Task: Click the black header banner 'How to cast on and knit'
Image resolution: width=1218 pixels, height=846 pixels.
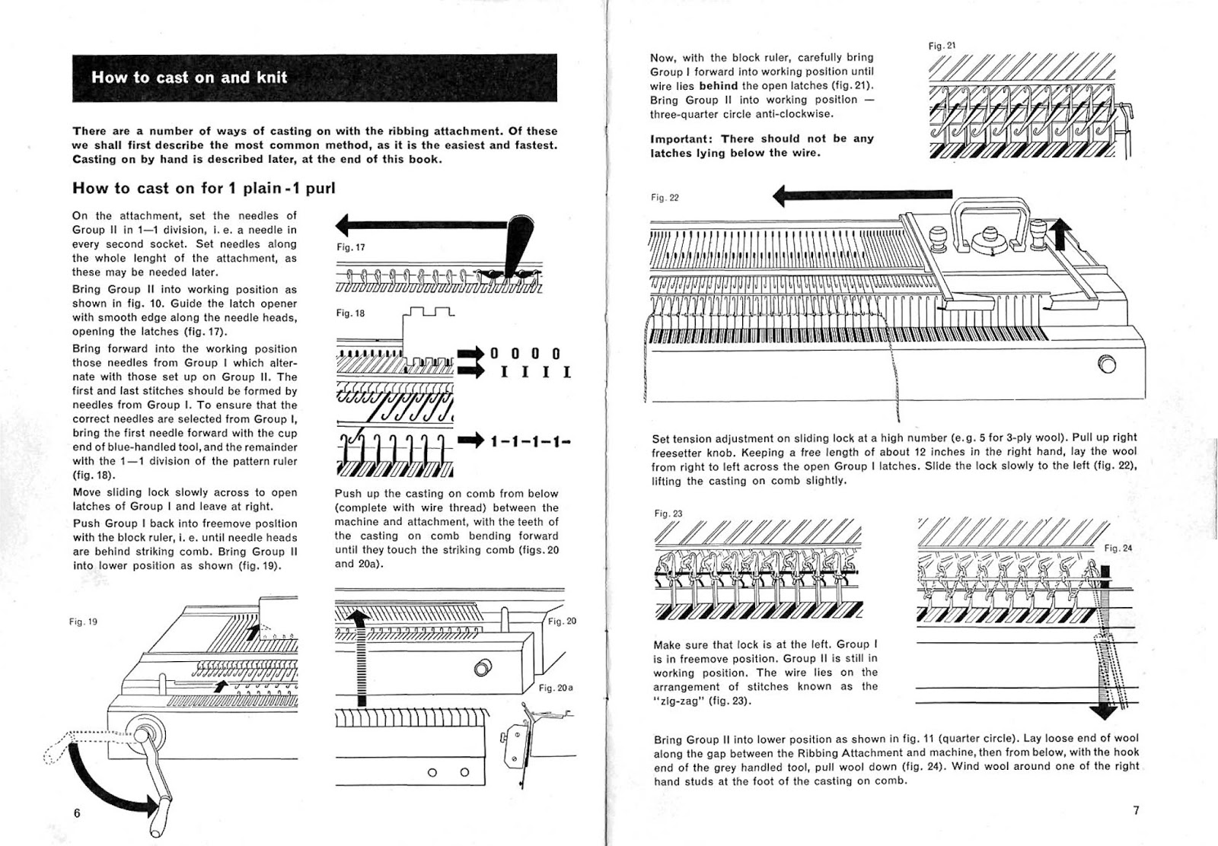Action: pyautogui.click(x=314, y=78)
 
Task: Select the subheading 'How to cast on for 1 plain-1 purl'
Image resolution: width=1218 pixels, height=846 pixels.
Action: pyautogui.click(x=203, y=188)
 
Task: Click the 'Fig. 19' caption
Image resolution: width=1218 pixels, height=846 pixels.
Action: pyautogui.click(x=83, y=622)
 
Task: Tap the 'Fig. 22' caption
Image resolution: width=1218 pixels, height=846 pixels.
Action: pyautogui.click(x=665, y=198)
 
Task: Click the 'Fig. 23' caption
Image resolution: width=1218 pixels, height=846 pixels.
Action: pyautogui.click(x=668, y=514)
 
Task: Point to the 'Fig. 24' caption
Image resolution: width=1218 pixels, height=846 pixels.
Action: pyautogui.click(x=1118, y=548)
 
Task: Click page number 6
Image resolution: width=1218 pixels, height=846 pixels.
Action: pyautogui.click(x=77, y=813)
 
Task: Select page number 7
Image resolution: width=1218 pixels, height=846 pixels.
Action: pyautogui.click(x=1136, y=810)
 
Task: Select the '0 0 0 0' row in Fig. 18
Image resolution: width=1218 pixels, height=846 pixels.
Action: pyautogui.click(x=525, y=354)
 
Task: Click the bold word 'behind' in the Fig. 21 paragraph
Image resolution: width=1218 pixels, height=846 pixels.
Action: pyautogui.click(x=718, y=86)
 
